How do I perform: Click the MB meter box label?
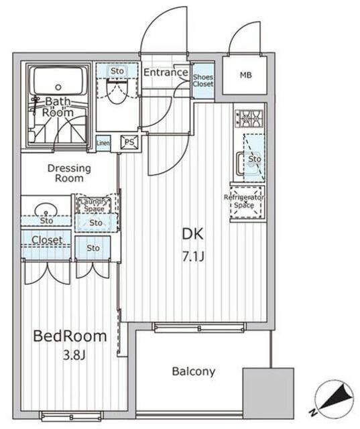245,74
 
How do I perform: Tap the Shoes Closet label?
202,80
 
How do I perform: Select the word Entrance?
166,72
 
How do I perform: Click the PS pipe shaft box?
129,142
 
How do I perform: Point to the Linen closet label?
103,143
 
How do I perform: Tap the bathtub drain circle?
58,87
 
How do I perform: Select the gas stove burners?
249,119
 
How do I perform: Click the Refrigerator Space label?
244,201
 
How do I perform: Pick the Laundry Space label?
94,205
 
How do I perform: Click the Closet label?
47,240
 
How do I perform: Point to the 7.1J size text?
193,257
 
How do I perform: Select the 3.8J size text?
74,355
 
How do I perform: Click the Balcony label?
193,371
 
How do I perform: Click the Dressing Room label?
69,173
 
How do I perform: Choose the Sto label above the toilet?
117,71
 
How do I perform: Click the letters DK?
193,234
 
